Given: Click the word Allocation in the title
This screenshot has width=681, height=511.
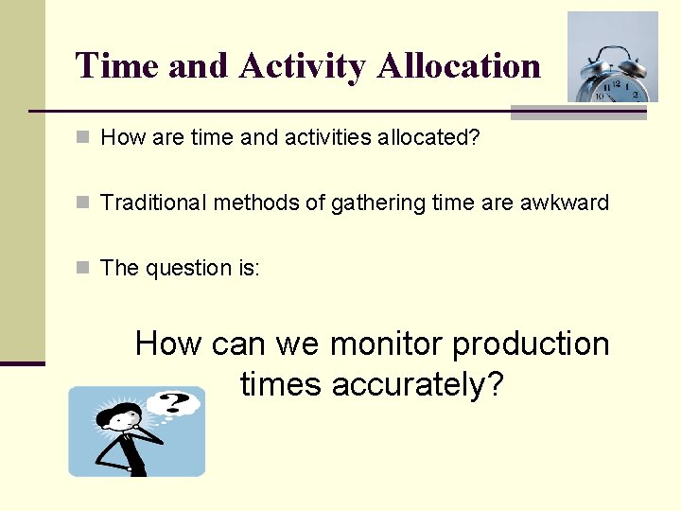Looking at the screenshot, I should click(458, 66).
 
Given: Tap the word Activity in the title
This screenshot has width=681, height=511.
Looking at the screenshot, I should click(302, 66).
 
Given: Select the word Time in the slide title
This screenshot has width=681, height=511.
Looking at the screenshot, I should click(118, 66).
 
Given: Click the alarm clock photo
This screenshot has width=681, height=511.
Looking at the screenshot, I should click(612, 57).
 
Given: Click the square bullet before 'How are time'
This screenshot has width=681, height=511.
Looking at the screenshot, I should click(83, 138).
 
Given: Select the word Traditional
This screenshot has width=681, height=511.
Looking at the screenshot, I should click(153, 203).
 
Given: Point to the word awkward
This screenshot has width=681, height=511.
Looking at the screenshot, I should click(565, 203).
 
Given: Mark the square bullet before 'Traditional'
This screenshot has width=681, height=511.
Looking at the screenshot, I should click(83, 203).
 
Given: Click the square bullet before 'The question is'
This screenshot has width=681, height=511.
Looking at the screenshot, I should click(83, 268).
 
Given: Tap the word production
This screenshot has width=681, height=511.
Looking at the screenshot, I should click(531, 344).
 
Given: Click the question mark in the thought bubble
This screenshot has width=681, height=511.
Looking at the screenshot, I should click(173, 404).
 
